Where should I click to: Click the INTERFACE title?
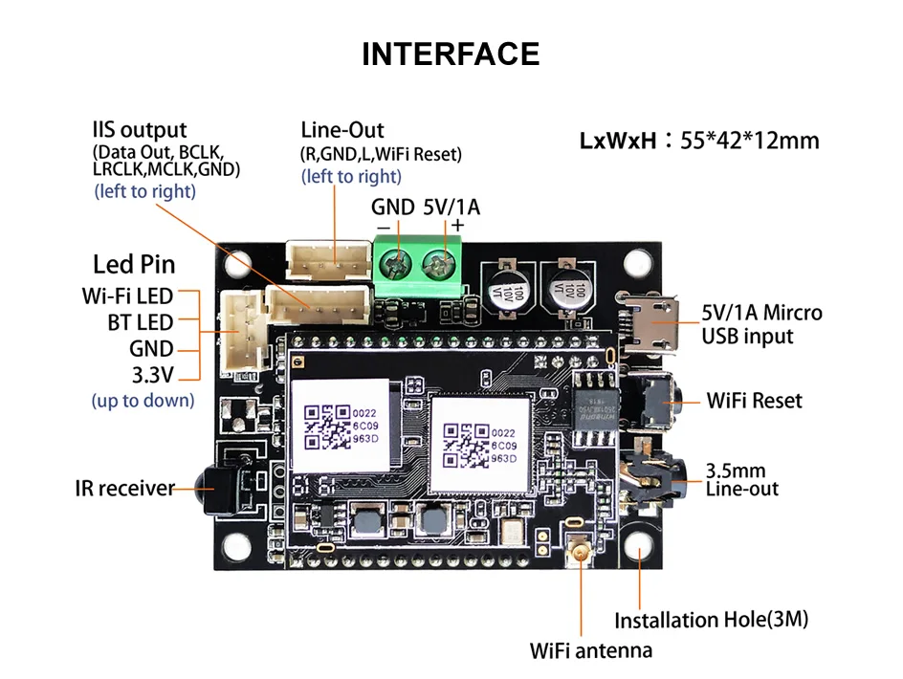point(451,54)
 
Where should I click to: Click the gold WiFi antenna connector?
point(580,552)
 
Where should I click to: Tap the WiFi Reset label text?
point(755,400)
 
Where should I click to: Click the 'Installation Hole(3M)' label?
point(711,620)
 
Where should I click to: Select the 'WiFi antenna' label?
point(591,651)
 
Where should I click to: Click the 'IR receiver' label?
point(124,489)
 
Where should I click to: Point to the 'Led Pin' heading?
point(134,265)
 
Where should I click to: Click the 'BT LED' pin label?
point(141,322)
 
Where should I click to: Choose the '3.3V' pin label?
point(152,374)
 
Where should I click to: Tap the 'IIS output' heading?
point(140,130)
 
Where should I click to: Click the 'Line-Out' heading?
point(341,130)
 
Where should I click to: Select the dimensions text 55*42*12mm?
point(750,142)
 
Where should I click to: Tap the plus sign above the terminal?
point(457,226)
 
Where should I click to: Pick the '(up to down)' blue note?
point(143,400)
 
